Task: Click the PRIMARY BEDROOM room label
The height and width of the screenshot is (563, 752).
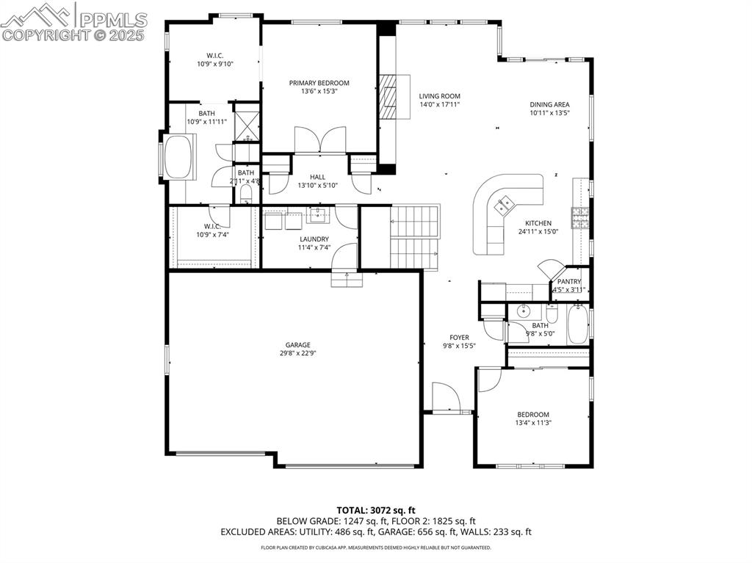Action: (319, 83)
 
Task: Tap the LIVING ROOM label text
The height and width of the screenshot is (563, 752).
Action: (439, 96)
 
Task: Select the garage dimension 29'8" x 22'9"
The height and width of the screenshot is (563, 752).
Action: (297, 354)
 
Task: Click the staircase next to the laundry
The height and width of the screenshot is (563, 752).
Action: (414, 236)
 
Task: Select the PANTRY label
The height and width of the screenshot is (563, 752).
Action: (569, 281)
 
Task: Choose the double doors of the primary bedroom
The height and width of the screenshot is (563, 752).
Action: (319, 140)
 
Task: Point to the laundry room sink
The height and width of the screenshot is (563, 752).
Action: (319, 215)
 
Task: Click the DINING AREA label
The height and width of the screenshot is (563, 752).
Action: (549, 104)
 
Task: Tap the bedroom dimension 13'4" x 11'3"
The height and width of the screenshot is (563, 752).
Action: (532, 423)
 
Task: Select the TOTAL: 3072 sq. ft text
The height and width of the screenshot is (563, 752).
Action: (376, 509)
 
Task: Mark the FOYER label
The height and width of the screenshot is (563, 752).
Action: (460, 338)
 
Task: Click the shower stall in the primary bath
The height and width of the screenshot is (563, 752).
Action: (246, 126)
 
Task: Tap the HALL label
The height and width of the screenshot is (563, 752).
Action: (317, 177)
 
